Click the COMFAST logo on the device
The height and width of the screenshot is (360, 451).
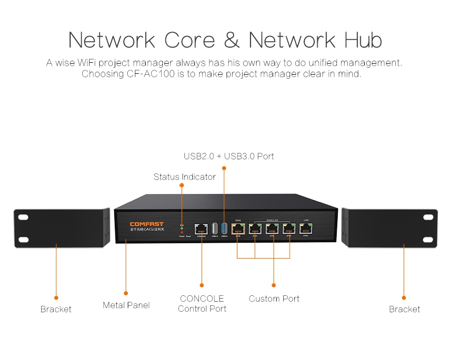(146, 224)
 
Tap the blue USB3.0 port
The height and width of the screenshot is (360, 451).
(223, 228)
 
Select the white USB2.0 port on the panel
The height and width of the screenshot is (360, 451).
(214, 228)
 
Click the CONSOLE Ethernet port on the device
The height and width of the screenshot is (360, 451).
(201, 229)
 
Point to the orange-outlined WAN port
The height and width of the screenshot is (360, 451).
(238, 229)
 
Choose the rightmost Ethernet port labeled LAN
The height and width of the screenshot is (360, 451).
(306, 229)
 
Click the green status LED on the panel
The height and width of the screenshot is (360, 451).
(182, 228)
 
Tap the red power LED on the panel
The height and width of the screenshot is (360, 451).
(182, 233)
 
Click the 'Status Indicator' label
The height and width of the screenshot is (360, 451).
(184, 176)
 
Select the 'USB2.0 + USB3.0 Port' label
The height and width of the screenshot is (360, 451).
(229, 156)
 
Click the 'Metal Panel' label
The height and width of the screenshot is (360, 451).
(126, 305)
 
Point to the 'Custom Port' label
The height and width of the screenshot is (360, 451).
(274, 298)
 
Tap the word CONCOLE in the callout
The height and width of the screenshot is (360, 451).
(202, 298)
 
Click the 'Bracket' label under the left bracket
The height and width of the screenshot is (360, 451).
(56, 309)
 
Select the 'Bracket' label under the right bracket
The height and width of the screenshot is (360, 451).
(404, 309)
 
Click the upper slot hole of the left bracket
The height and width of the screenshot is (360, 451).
(23, 218)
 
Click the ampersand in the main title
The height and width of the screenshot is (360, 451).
(232, 40)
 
